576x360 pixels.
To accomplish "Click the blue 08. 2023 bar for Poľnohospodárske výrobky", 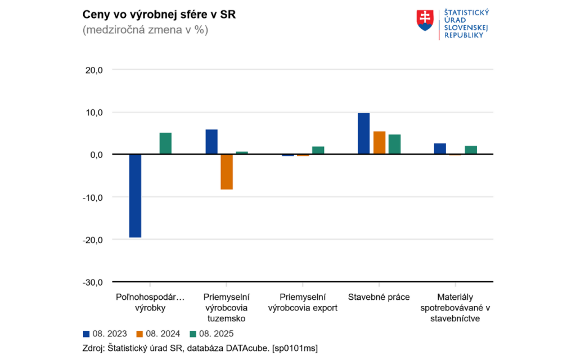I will click(135, 196).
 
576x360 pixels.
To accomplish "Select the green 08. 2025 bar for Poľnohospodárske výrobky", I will click(165, 143).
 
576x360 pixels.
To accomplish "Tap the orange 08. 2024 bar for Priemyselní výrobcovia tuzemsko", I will click(227, 172).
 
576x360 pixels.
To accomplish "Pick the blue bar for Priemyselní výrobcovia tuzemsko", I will click(211, 142).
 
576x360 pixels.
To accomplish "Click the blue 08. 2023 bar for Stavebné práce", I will click(364, 134).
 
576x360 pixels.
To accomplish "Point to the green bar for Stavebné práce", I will click(394, 144).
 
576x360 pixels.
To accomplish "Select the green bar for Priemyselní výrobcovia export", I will click(318, 150).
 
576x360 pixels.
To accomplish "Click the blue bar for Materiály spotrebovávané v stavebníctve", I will click(440, 148).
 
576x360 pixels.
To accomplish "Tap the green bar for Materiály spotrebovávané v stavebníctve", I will click(471, 150).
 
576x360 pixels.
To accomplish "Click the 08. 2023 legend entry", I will click(105, 334).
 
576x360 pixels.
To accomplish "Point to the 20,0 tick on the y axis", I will click(93, 70).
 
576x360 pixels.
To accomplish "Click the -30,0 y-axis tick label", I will click(92, 282).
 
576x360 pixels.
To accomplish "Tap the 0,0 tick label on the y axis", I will click(95, 155).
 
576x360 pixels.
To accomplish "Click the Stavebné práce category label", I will click(379, 297).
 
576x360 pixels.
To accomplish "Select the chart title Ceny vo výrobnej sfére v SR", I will click(159, 15).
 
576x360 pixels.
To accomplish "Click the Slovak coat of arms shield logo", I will click(425, 21).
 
